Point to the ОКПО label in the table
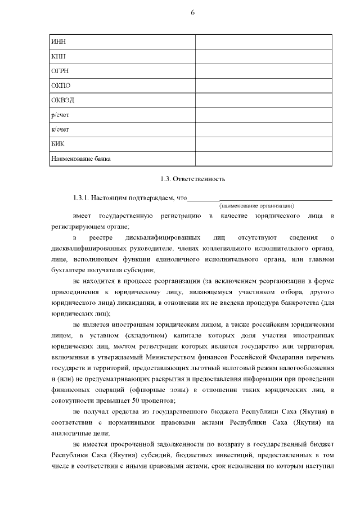(60, 86)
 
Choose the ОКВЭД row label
(62, 101)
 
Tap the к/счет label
(60, 130)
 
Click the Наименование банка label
(80, 159)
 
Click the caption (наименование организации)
(256, 206)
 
